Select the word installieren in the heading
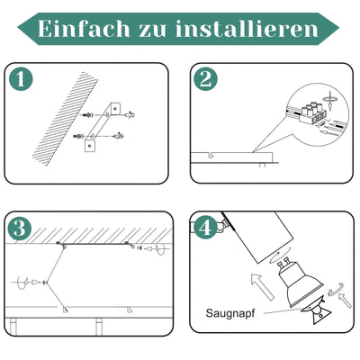point(254,28)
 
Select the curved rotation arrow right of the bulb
point(334,290)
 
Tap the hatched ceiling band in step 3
point(90,231)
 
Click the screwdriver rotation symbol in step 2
point(328,93)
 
